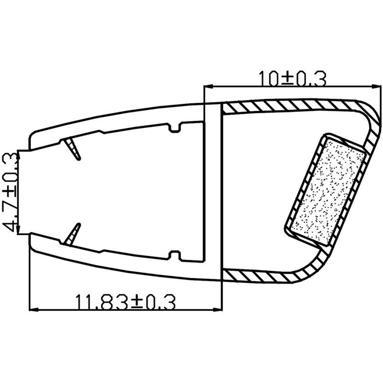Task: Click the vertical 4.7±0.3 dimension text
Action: (x=10, y=192)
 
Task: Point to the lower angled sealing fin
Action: (x=73, y=234)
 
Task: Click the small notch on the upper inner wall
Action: (x=175, y=128)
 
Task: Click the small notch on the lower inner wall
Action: (x=175, y=255)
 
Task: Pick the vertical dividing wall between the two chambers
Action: (x=213, y=192)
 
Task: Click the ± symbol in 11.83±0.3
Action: (x=137, y=303)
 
